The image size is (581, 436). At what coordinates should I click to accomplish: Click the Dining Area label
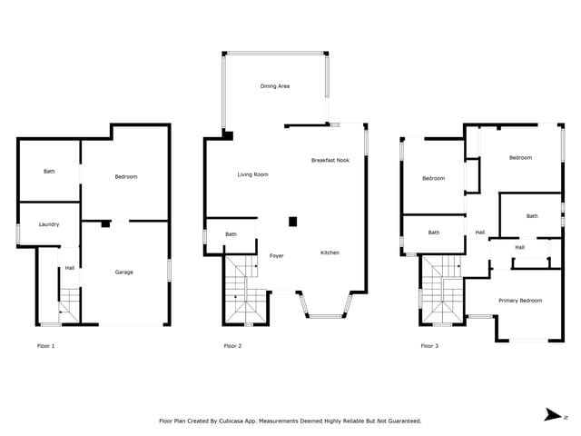[x=274, y=86]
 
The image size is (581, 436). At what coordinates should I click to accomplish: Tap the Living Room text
[x=252, y=174]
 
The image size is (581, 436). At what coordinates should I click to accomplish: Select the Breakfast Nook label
[x=330, y=160]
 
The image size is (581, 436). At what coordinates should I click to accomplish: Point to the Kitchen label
[x=329, y=253]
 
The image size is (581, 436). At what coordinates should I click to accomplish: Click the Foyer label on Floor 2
[x=277, y=256]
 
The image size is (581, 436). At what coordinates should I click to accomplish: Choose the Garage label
[x=124, y=272]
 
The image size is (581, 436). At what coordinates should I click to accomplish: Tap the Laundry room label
[x=49, y=224]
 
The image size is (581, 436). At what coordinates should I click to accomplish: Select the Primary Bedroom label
[x=520, y=300]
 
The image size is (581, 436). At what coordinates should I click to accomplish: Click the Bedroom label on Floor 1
[x=125, y=176]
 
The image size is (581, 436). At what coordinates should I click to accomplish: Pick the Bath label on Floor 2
[x=231, y=234]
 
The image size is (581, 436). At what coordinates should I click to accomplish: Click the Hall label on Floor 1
[x=69, y=267]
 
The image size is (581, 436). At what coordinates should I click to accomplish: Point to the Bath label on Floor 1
[x=49, y=171]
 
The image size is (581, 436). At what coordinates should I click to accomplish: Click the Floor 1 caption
[x=46, y=346]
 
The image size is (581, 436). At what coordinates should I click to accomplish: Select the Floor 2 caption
[x=232, y=346]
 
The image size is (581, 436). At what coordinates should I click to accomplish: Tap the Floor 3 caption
[x=429, y=346]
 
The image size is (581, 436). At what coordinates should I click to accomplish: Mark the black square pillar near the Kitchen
[x=292, y=221]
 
